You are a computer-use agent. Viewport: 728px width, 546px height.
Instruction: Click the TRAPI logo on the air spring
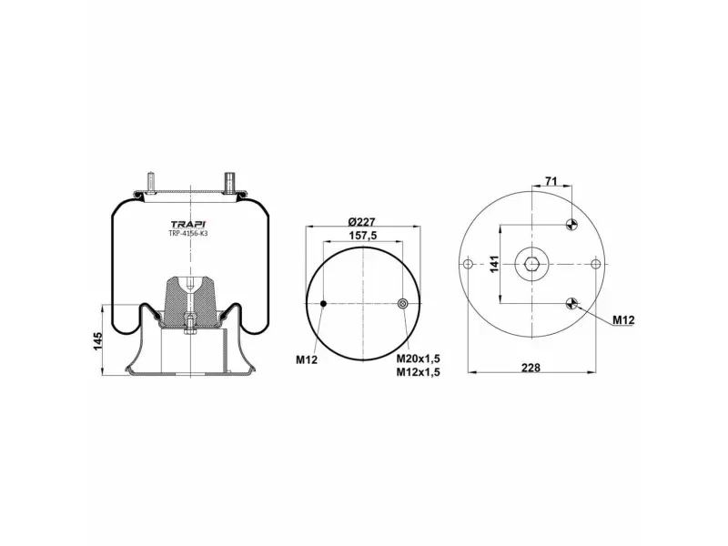[188, 224]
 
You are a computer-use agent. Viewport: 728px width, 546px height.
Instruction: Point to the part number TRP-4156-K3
[188, 234]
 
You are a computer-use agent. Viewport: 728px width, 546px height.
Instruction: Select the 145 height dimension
[97, 341]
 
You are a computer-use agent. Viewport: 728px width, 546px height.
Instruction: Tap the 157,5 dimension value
[362, 236]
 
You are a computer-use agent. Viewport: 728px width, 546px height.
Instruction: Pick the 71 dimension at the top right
[551, 181]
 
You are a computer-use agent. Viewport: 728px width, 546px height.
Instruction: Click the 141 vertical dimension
[494, 264]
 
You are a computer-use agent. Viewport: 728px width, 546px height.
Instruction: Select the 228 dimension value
[531, 368]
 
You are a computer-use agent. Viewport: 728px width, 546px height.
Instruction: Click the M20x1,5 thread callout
[418, 359]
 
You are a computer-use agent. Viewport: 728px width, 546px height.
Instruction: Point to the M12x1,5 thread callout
[418, 372]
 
